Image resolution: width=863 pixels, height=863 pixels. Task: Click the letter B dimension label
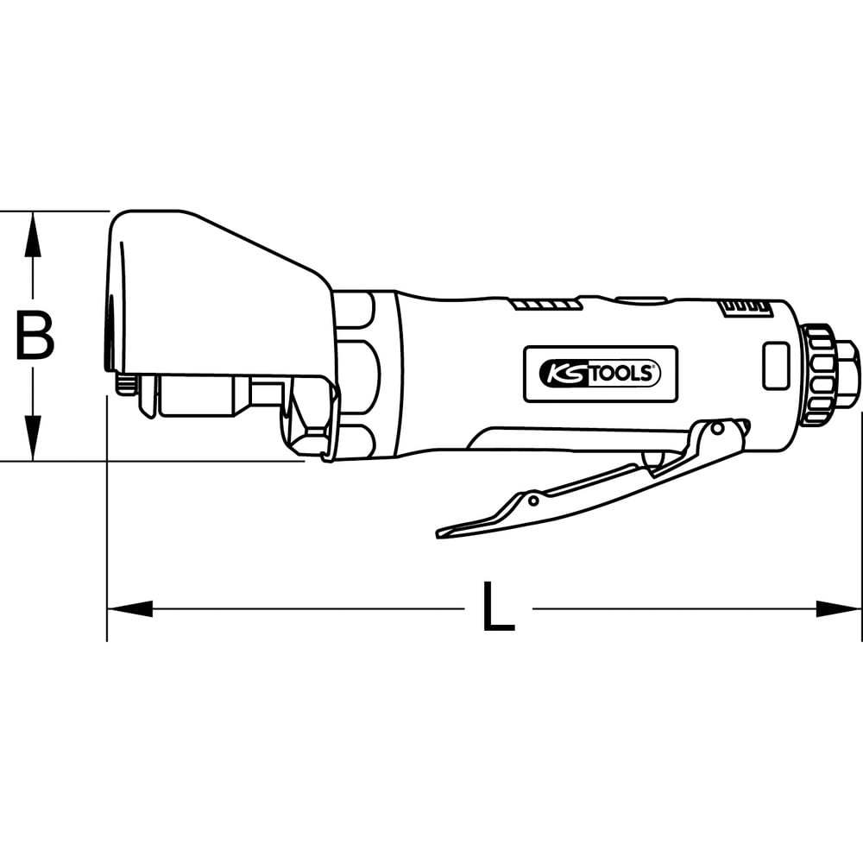(35, 336)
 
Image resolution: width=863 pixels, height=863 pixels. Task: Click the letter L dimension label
(498, 606)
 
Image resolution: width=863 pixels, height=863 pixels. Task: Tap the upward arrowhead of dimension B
(33, 235)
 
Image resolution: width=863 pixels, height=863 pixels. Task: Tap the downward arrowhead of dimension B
(33, 438)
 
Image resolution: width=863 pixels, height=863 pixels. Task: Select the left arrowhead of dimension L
(130, 608)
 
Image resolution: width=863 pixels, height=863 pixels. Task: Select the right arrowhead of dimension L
(838, 608)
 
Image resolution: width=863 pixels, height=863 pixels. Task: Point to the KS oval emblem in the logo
(565, 375)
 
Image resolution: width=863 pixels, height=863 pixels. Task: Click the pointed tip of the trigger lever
(438, 533)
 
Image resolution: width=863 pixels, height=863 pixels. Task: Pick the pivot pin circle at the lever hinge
(717, 428)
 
